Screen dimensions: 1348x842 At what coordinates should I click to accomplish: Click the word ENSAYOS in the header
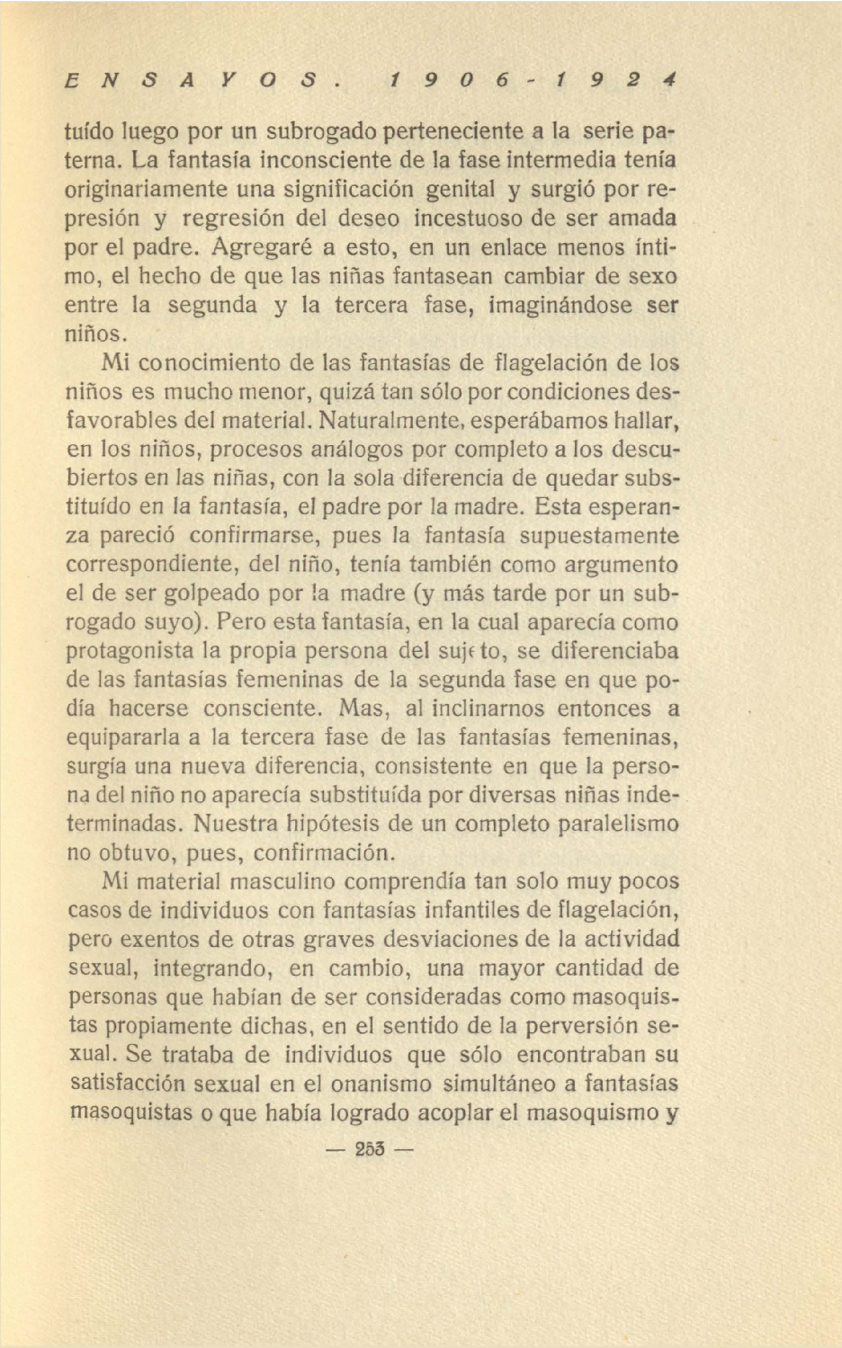click(x=199, y=81)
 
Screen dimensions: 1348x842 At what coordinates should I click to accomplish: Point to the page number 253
click(x=370, y=1149)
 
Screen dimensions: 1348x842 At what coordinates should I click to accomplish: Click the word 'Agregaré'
click(x=261, y=247)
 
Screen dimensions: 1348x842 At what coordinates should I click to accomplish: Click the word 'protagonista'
click(x=130, y=650)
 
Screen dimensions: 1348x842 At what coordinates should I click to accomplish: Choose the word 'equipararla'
click(x=124, y=737)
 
